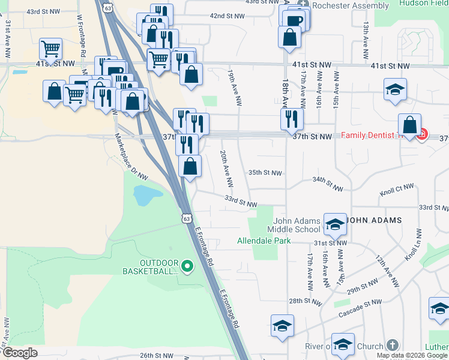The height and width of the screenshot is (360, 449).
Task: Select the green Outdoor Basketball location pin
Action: pyautogui.click(x=187, y=265)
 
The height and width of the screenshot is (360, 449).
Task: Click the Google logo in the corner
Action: pyautogui.click(x=20, y=353)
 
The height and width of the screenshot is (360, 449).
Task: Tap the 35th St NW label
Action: pyautogui.click(x=265, y=173)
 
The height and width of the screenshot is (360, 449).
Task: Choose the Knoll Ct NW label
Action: pyautogui.click(x=397, y=191)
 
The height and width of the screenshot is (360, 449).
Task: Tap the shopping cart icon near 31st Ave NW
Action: pyautogui.click(x=51, y=49)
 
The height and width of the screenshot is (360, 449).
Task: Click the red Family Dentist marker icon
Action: pyautogui.click(x=421, y=134)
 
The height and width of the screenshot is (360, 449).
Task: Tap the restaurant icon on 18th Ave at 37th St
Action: pyautogui.click(x=292, y=118)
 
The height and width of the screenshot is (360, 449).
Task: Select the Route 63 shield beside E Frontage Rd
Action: pyautogui.click(x=187, y=215)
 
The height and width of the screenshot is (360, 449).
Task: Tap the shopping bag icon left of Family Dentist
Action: pyautogui.click(x=409, y=125)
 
